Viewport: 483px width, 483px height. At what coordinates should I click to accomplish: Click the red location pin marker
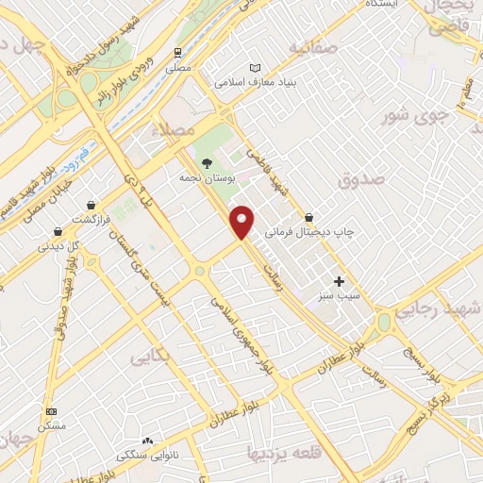(x=243, y=222)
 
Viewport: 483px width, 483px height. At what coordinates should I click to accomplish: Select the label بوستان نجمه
(x=207, y=176)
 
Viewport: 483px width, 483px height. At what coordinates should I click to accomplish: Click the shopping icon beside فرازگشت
(x=91, y=205)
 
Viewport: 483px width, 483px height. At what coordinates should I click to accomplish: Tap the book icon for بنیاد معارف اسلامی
(x=254, y=68)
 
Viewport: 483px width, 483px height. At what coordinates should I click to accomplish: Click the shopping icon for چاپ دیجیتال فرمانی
(x=308, y=217)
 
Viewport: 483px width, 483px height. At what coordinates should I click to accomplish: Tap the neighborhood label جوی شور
(x=414, y=118)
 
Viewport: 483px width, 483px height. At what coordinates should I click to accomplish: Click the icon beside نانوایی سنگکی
(x=146, y=441)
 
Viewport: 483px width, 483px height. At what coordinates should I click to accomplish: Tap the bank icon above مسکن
(x=51, y=411)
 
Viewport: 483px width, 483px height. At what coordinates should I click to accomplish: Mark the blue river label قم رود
(x=79, y=154)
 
